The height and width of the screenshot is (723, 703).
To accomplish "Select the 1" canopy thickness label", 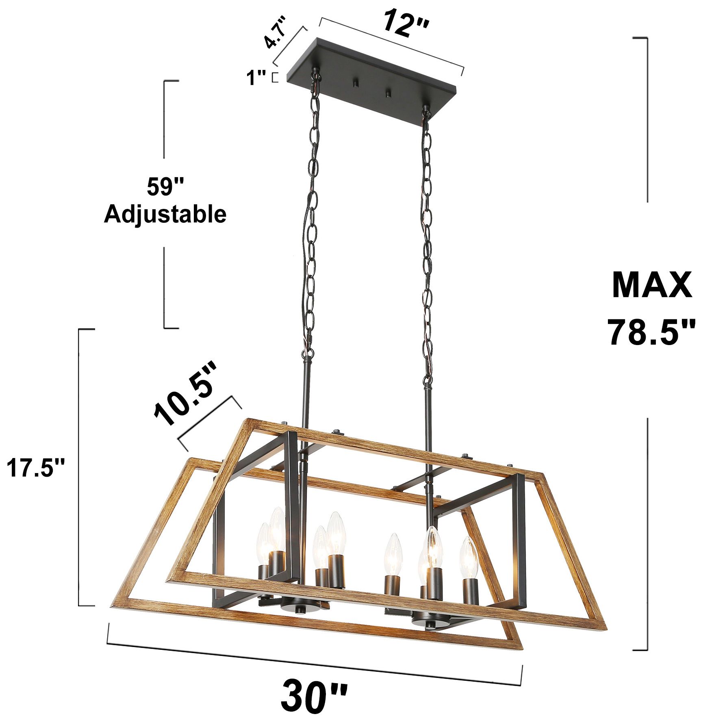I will (256, 78).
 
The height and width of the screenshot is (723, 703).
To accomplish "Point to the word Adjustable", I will (165, 214).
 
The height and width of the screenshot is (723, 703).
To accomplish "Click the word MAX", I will (651, 285).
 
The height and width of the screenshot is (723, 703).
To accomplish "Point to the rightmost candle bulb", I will (469, 558).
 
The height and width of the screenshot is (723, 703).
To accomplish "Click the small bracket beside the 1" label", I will (275, 78).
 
